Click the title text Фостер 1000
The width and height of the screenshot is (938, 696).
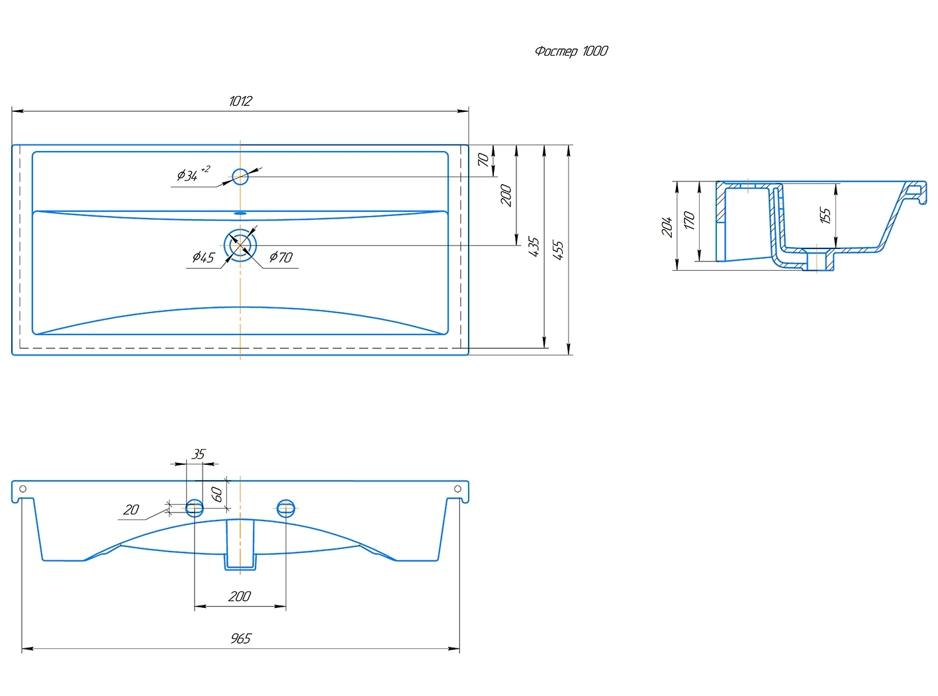coord(571,51)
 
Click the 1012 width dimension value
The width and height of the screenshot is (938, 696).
coord(240,101)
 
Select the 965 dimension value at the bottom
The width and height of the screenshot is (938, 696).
coord(240,638)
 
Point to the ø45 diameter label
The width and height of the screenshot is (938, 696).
coord(203,257)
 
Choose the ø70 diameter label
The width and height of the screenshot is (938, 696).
coord(281,257)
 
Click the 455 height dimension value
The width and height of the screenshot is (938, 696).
coord(558,249)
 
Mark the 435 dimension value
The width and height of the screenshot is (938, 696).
coord(534,246)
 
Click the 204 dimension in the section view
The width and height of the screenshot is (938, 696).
coord(667,226)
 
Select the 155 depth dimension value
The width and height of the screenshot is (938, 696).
coord(825,215)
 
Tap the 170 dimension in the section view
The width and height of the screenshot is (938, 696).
coord(689,220)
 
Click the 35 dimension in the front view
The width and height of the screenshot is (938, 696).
coord(199,454)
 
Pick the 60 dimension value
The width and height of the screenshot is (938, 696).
coord(217,493)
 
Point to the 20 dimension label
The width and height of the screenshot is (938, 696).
coord(131,509)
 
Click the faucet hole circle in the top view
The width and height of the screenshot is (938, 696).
coord(240,176)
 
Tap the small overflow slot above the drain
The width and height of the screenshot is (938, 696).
coord(240,213)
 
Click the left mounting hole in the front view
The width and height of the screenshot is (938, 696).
coord(195,508)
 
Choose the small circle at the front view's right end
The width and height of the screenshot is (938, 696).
coord(457,489)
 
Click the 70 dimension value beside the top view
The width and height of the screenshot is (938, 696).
coord(483,160)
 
